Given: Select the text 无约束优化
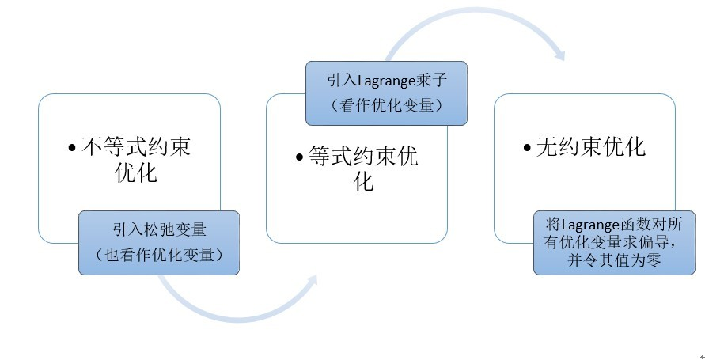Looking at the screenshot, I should [x=591, y=147].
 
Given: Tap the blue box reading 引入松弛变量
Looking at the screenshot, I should [x=158, y=242].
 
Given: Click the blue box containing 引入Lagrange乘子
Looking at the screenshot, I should [x=386, y=93].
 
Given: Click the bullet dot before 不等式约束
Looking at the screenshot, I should [x=73, y=148].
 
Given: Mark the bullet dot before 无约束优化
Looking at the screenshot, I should [x=528, y=148].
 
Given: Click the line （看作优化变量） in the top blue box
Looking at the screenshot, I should [x=386, y=104].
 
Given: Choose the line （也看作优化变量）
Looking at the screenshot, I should [x=158, y=254].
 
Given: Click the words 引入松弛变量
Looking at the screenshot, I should [x=159, y=230].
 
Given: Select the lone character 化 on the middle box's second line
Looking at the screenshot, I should [x=363, y=183].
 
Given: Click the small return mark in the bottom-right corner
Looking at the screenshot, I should [x=699, y=356].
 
